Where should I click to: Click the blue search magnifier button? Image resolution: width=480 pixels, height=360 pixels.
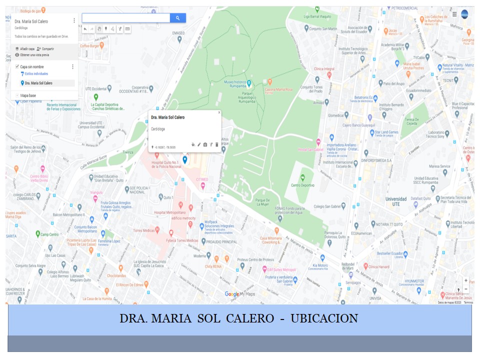pyautogui.click(x=177, y=18)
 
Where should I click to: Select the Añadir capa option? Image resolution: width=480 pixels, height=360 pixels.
pyautogui.click(x=27, y=48)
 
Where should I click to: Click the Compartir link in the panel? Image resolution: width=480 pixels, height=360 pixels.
pyautogui.click(x=46, y=48)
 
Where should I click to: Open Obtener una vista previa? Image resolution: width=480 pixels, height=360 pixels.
pyautogui.click(x=34, y=54)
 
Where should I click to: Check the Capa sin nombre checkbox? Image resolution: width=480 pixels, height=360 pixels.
pyautogui.click(x=17, y=66)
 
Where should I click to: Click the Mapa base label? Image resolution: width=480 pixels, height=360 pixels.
pyautogui.click(x=27, y=95)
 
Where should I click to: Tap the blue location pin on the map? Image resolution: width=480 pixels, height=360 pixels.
pyautogui.click(x=185, y=159)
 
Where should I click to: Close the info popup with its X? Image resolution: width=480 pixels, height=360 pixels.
pyautogui.click(x=219, y=113)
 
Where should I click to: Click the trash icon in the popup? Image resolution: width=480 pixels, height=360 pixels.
pyautogui.click(x=217, y=144)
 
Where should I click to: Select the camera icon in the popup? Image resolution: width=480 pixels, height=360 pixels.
pyautogui.click(x=205, y=144)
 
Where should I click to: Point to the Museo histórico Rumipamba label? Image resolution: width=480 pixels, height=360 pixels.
pyautogui.click(x=235, y=83)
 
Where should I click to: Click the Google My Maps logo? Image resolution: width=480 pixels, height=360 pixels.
pyautogui.click(x=240, y=294)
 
